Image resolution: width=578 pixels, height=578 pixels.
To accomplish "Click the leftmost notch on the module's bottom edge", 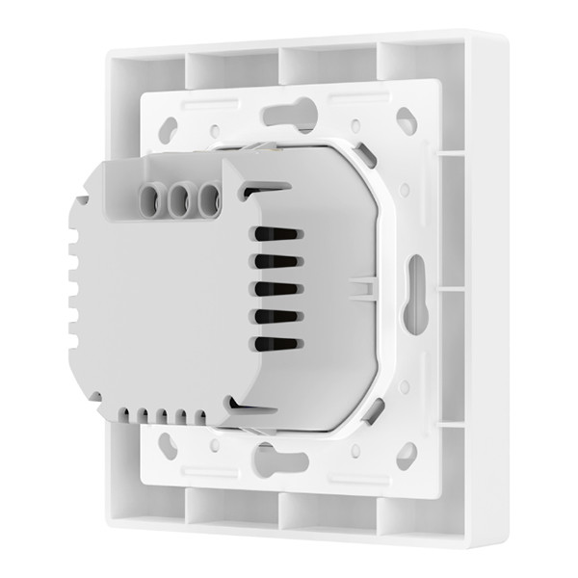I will click(x=127, y=416).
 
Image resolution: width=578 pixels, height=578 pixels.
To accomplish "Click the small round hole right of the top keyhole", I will click(x=355, y=125).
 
